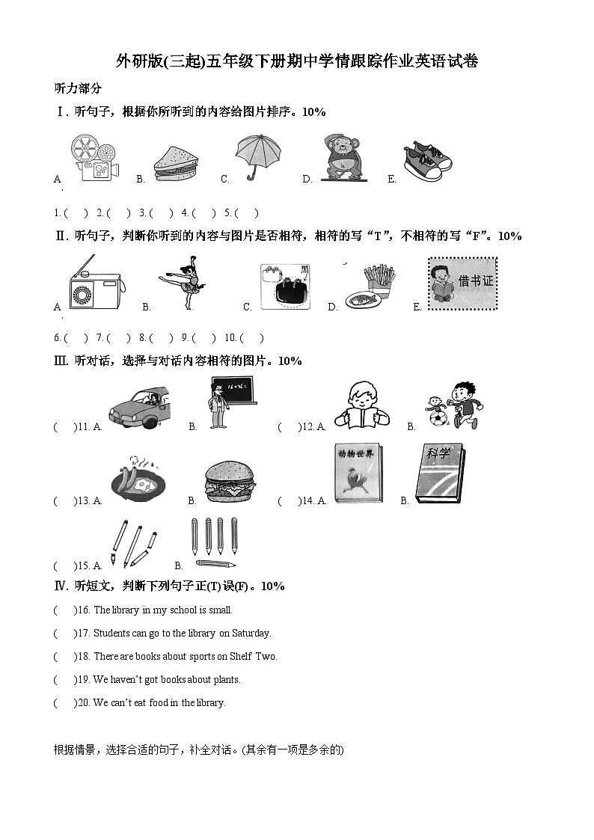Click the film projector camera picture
94,158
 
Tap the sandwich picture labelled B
176,164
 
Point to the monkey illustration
345,158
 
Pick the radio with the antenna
94,285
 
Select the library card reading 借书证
462,283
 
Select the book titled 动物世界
358,474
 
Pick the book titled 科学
439,474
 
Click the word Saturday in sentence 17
251,634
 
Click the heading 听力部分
79,88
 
